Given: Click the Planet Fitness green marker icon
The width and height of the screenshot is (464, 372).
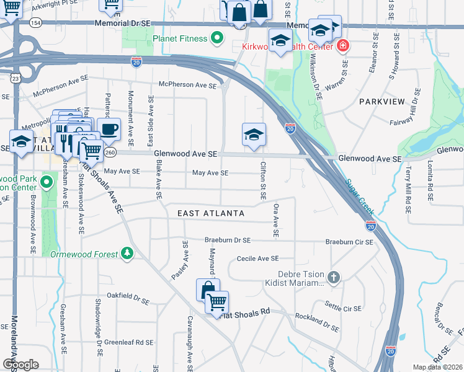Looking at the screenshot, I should [x=216, y=39].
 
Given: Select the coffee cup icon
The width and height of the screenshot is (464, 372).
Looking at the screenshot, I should [x=109, y=130].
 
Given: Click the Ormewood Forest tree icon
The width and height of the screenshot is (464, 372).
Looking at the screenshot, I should [x=127, y=254].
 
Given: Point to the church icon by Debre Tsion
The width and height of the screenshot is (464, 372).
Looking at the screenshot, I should [x=334, y=277].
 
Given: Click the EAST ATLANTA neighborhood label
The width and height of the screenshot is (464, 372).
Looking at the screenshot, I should [x=211, y=213].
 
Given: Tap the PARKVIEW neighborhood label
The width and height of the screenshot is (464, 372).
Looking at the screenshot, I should [x=381, y=101].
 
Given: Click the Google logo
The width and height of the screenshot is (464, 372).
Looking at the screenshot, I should [x=20, y=364].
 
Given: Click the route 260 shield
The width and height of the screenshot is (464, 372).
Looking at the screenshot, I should [x=110, y=152].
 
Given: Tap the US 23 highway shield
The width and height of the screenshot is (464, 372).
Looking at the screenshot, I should [x=15, y=78].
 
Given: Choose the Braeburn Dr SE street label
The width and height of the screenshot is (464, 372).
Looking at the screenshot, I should [x=228, y=240].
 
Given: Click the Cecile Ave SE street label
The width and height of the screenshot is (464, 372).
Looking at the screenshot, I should [x=257, y=259].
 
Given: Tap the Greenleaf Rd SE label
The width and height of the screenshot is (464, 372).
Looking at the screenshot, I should [x=128, y=342].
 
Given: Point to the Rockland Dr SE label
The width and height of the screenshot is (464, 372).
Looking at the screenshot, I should [x=317, y=322].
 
